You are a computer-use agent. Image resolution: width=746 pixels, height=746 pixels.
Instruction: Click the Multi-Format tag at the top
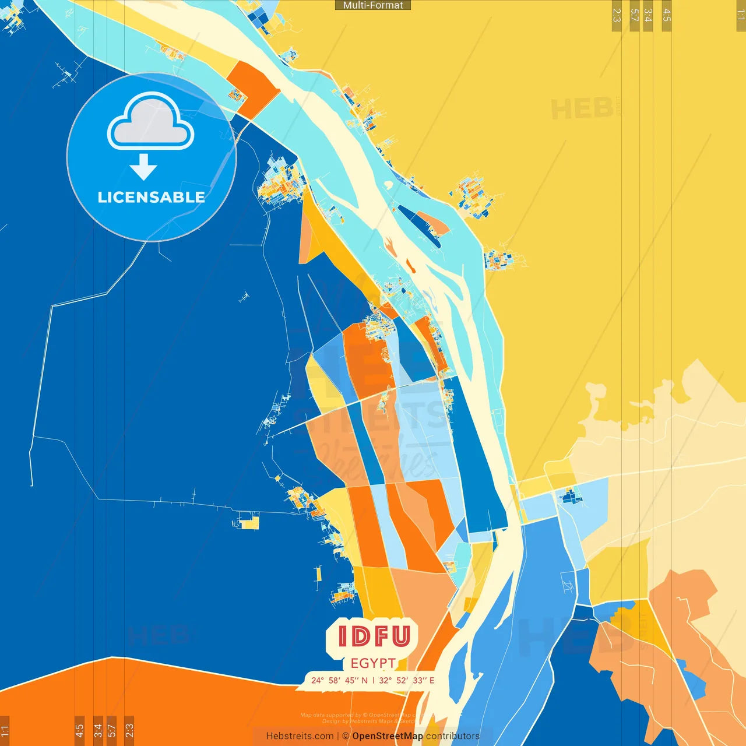[x=373, y=5]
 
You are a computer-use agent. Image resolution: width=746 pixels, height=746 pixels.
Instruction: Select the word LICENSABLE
[x=151, y=197]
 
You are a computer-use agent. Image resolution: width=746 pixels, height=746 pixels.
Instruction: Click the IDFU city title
[x=374, y=636]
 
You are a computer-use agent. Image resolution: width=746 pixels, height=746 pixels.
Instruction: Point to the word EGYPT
[x=373, y=663]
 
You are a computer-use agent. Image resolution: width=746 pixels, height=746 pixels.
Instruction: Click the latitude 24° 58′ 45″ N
[x=339, y=680]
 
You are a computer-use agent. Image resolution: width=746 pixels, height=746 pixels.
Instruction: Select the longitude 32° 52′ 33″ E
[x=407, y=680]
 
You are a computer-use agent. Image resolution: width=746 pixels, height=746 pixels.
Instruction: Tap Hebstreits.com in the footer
[x=300, y=736]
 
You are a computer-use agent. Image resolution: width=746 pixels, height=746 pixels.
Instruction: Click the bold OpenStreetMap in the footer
[x=388, y=736]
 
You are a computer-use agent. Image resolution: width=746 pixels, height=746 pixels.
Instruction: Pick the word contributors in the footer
[x=453, y=736]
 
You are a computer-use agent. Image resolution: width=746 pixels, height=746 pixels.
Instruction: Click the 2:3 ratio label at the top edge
[x=617, y=15]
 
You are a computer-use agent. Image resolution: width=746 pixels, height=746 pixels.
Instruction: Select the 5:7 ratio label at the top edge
[x=635, y=15]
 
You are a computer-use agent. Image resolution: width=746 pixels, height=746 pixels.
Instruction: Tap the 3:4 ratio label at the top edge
[x=648, y=15]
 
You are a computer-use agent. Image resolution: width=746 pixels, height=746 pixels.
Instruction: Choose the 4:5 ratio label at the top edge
[x=667, y=15]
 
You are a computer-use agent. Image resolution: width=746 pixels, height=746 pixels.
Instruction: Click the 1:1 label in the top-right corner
[x=741, y=15]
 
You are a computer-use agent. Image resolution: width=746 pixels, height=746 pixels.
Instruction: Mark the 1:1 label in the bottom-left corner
[x=5, y=731]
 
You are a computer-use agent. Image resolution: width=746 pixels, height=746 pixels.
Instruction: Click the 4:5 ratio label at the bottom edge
[x=79, y=731]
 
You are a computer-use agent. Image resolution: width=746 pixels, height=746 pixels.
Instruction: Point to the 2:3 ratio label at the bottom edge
[x=129, y=731]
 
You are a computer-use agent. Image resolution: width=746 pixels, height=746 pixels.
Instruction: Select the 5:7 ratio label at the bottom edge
[x=111, y=731]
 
